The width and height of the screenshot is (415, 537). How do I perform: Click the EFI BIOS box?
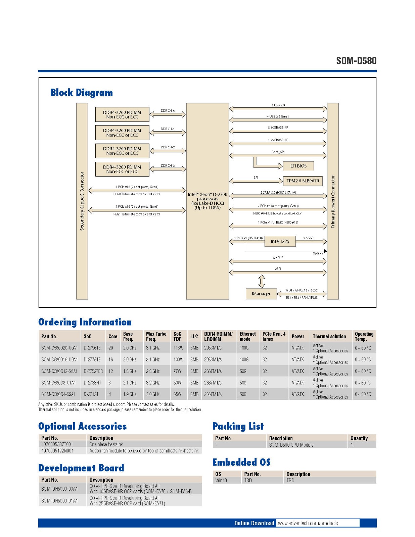click(298, 166)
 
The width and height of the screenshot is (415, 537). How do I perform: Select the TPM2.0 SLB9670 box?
click(303, 181)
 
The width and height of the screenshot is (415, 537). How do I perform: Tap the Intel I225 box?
click(280, 241)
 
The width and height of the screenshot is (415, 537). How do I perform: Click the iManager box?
click(261, 294)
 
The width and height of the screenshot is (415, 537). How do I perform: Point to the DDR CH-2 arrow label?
click(168, 147)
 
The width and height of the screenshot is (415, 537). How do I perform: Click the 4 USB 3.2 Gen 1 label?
click(278, 116)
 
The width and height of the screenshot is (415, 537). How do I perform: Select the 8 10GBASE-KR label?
click(278, 128)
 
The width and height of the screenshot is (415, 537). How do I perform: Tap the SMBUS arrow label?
click(278, 258)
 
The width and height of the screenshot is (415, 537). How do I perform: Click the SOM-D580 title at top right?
click(356, 61)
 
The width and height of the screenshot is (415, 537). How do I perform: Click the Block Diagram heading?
click(82, 93)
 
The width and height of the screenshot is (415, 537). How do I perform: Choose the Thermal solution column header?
click(329, 336)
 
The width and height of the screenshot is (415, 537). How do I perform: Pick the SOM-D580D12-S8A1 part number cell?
click(59, 371)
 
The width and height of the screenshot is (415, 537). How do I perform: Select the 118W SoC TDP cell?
click(178, 348)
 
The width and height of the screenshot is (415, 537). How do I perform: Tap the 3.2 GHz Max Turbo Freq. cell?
click(153, 383)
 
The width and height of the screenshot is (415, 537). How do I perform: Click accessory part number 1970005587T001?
click(57, 444)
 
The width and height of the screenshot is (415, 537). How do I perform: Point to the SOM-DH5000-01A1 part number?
click(59, 501)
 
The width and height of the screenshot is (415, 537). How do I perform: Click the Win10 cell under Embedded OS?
click(221, 481)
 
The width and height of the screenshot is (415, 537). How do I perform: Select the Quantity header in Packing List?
click(359, 438)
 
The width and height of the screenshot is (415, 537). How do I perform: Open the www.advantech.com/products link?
click(308, 523)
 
